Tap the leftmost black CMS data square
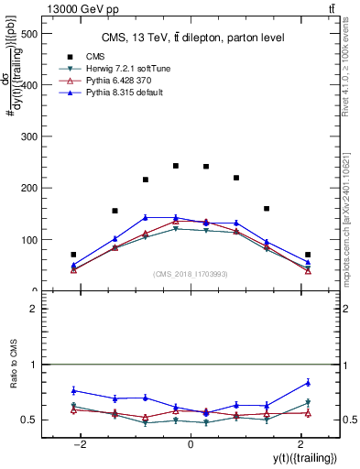[73, 255]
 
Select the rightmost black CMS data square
[308, 255]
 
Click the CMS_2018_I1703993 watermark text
[191, 273]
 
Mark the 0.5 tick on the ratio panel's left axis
[30, 420]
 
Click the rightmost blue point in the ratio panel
[308, 382]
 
